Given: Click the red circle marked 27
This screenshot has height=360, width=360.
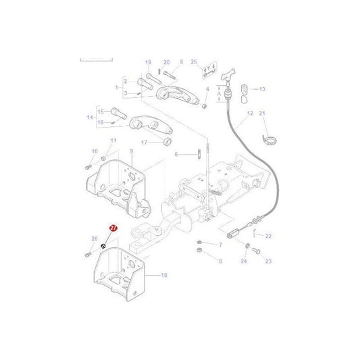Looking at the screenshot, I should (x=113, y=230).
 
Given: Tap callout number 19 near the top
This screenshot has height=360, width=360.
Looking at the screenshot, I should (x=148, y=63).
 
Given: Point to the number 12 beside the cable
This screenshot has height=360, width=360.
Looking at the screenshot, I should (x=249, y=113).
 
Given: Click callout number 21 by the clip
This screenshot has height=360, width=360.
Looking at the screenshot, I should (x=263, y=113).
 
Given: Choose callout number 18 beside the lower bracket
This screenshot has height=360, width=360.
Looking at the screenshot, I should (x=164, y=276).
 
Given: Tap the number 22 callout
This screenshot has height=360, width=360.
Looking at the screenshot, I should (x=268, y=236).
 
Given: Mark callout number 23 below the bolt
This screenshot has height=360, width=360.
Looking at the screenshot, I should (x=267, y=261).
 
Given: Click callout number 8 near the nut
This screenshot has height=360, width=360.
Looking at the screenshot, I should (x=220, y=260).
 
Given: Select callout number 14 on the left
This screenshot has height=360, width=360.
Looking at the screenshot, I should (x=90, y=117).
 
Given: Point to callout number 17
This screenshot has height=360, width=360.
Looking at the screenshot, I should (x=144, y=143).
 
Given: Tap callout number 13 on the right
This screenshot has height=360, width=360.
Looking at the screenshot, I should (x=262, y=88).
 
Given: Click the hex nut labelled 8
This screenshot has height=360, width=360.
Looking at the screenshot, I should (x=200, y=251).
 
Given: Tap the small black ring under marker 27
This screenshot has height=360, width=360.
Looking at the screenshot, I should (x=103, y=246).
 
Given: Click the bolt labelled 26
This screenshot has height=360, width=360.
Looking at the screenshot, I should (x=88, y=254).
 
